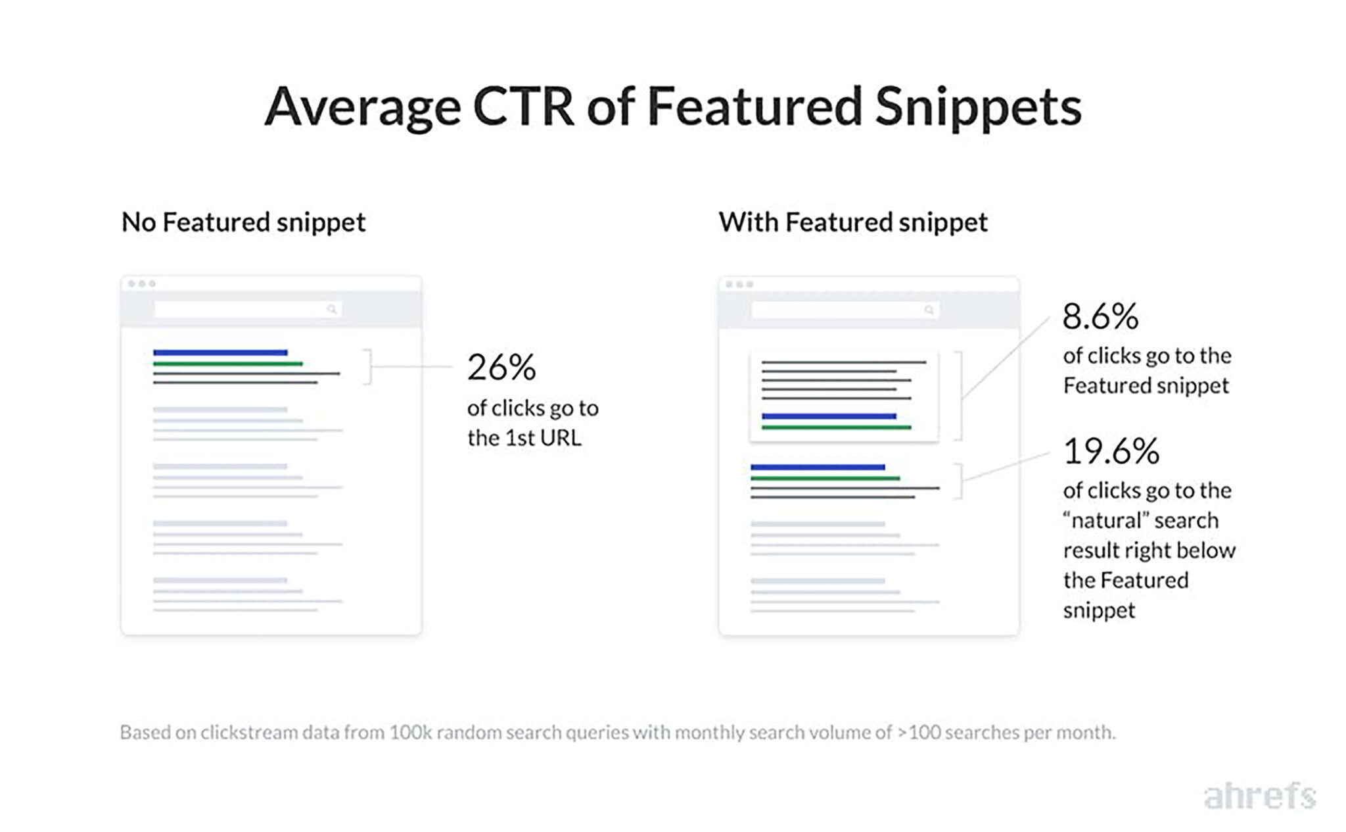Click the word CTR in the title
pos(523,107)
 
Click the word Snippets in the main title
pos(978,108)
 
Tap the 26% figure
pos(501,367)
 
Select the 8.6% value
pos(1100,316)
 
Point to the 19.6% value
pos(1111,451)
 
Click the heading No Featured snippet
pos(243,222)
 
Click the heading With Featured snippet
pos(852,222)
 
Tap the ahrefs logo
pos(1259,796)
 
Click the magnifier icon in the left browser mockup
pos(332,309)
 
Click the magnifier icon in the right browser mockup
pos(929,310)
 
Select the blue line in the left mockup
pos(220,353)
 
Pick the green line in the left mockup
pos(227,364)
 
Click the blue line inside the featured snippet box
pos(829,416)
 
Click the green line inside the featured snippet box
pos(836,428)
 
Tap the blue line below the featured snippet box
pos(818,467)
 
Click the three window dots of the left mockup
pos(142,284)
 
